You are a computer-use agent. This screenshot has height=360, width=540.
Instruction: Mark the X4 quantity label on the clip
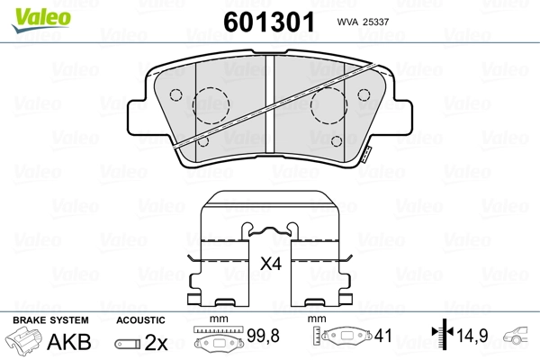(269, 264)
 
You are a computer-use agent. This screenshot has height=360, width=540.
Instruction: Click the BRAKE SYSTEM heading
(49, 319)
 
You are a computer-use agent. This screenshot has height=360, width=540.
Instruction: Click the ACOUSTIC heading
(140, 319)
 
